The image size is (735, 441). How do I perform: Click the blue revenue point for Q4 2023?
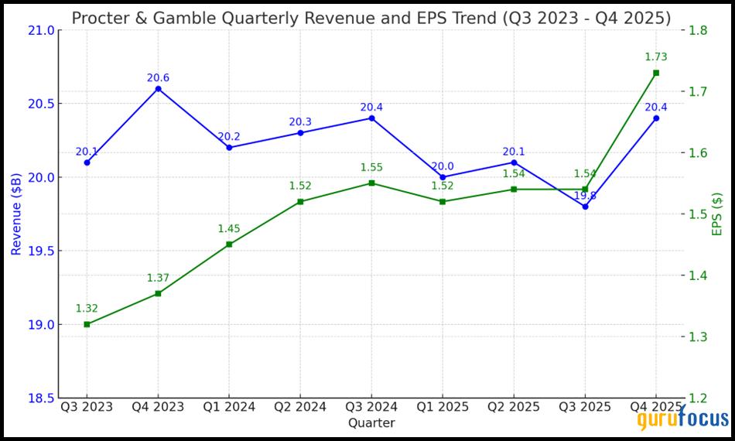pos(158,89)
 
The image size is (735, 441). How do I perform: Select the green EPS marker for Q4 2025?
pos(656,73)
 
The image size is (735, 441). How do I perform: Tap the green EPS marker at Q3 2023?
pos(87,324)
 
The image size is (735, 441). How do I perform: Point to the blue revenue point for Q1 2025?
pos(443,177)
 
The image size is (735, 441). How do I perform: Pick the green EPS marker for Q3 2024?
pos(371,183)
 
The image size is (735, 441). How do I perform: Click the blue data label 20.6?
pos(158,77)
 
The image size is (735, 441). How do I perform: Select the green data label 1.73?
pos(655,57)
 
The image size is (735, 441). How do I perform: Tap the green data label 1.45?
pos(229,228)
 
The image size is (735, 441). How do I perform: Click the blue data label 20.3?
pos(300,121)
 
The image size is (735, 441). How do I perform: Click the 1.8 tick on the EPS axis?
pos(699,30)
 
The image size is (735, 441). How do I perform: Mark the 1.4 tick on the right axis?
pos(699,276)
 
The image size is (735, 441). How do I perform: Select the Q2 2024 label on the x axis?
pos(300,407)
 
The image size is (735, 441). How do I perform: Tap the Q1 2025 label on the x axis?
pos(443,407)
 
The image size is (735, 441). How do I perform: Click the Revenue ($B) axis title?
pos(15,214)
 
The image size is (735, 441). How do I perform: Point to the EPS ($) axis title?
pos(717,214)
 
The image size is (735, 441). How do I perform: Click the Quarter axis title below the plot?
pos(371,423)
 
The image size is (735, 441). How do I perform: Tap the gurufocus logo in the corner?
pos(683,419)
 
